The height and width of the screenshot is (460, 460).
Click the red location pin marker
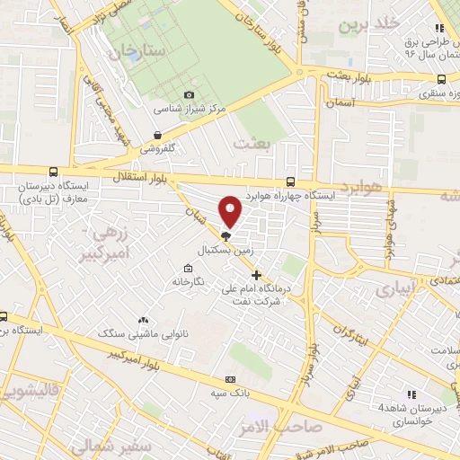(x=231, y=211)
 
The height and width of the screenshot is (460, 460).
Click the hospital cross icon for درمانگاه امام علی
(x=257, y=275)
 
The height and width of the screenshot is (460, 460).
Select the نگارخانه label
(x=189, y=283)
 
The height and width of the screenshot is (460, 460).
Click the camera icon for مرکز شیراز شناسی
(x=189, y=95)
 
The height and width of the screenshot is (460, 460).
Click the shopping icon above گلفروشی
(x=158, y=135)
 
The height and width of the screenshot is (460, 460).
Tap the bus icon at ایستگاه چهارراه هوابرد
(x=289, y=181)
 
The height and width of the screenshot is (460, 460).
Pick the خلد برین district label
(x=364, y=24)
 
